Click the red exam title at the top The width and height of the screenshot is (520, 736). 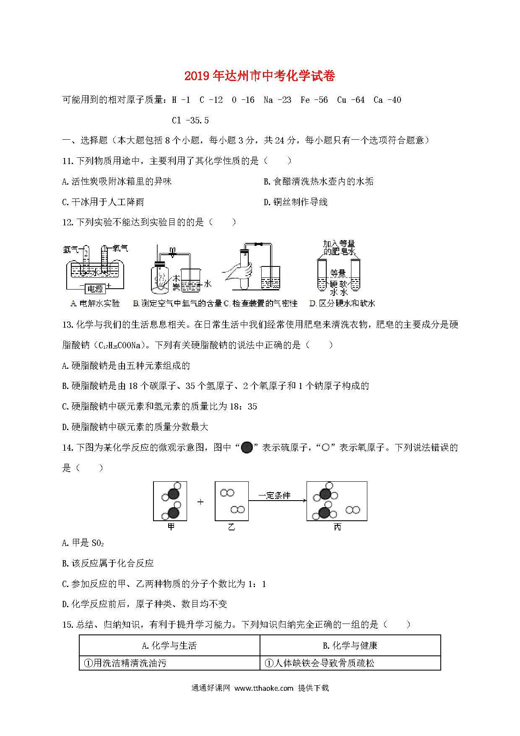pos(260,76)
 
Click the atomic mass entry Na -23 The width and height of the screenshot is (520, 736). pos(277,100)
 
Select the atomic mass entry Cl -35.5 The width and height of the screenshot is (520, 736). pos(190,120)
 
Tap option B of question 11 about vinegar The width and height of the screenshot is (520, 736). pos(318,182)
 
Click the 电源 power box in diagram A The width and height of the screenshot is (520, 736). pos(94,289)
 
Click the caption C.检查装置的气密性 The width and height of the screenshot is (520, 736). pos(260,303)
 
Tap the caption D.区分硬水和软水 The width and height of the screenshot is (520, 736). pos(342,303)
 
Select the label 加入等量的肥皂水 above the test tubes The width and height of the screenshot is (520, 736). pos(339,248)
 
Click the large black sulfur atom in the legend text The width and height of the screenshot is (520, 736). pos(247,448)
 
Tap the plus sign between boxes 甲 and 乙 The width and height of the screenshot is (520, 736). pos(200,501)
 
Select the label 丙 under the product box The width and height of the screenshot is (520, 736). pos(337,527)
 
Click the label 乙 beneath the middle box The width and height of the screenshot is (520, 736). pos(231,527)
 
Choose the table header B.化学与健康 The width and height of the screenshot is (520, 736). pos(350,645)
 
